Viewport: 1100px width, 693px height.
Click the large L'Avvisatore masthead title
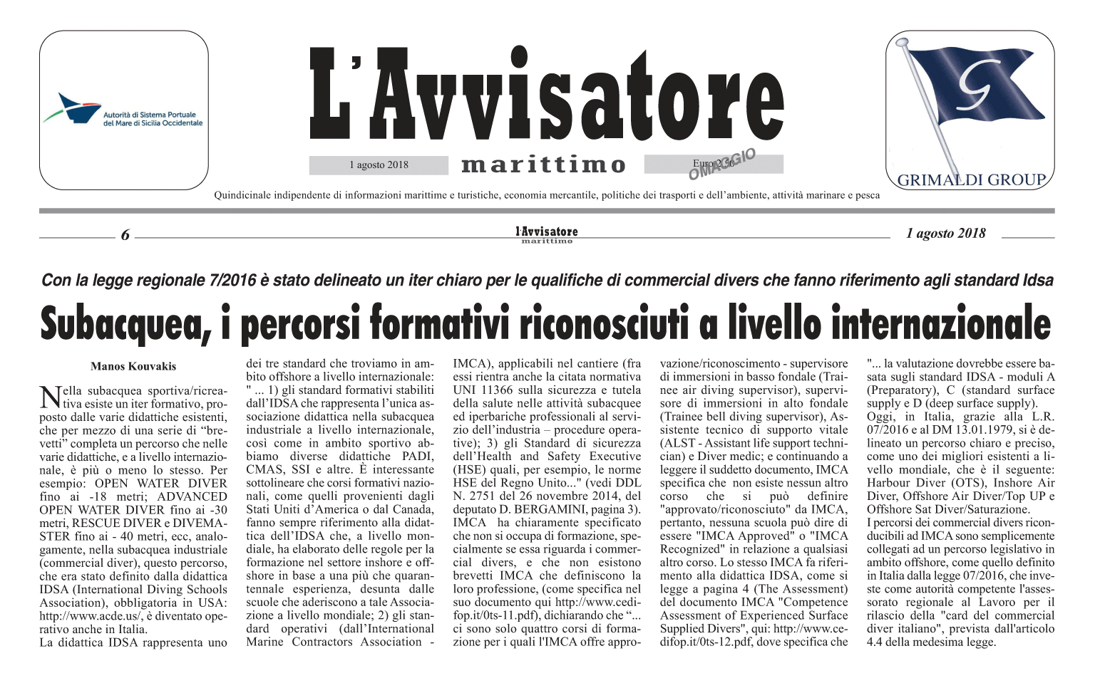pos(547,97)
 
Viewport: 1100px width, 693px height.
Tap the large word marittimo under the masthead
pos(544,165)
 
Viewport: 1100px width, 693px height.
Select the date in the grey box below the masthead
pos(379,165)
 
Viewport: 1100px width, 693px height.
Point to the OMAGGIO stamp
pos(721,165)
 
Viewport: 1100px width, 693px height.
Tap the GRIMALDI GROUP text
pos(971,179)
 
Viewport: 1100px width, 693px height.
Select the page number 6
pos(125,235)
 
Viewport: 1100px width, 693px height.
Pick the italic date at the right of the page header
pos(945,234)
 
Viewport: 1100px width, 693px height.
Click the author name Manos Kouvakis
pos(133,366)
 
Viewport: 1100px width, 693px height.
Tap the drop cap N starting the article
pos(49,396)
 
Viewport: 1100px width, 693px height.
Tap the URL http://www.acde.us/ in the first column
pos(86,616)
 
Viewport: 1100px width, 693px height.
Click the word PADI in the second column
pos(417,457)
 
